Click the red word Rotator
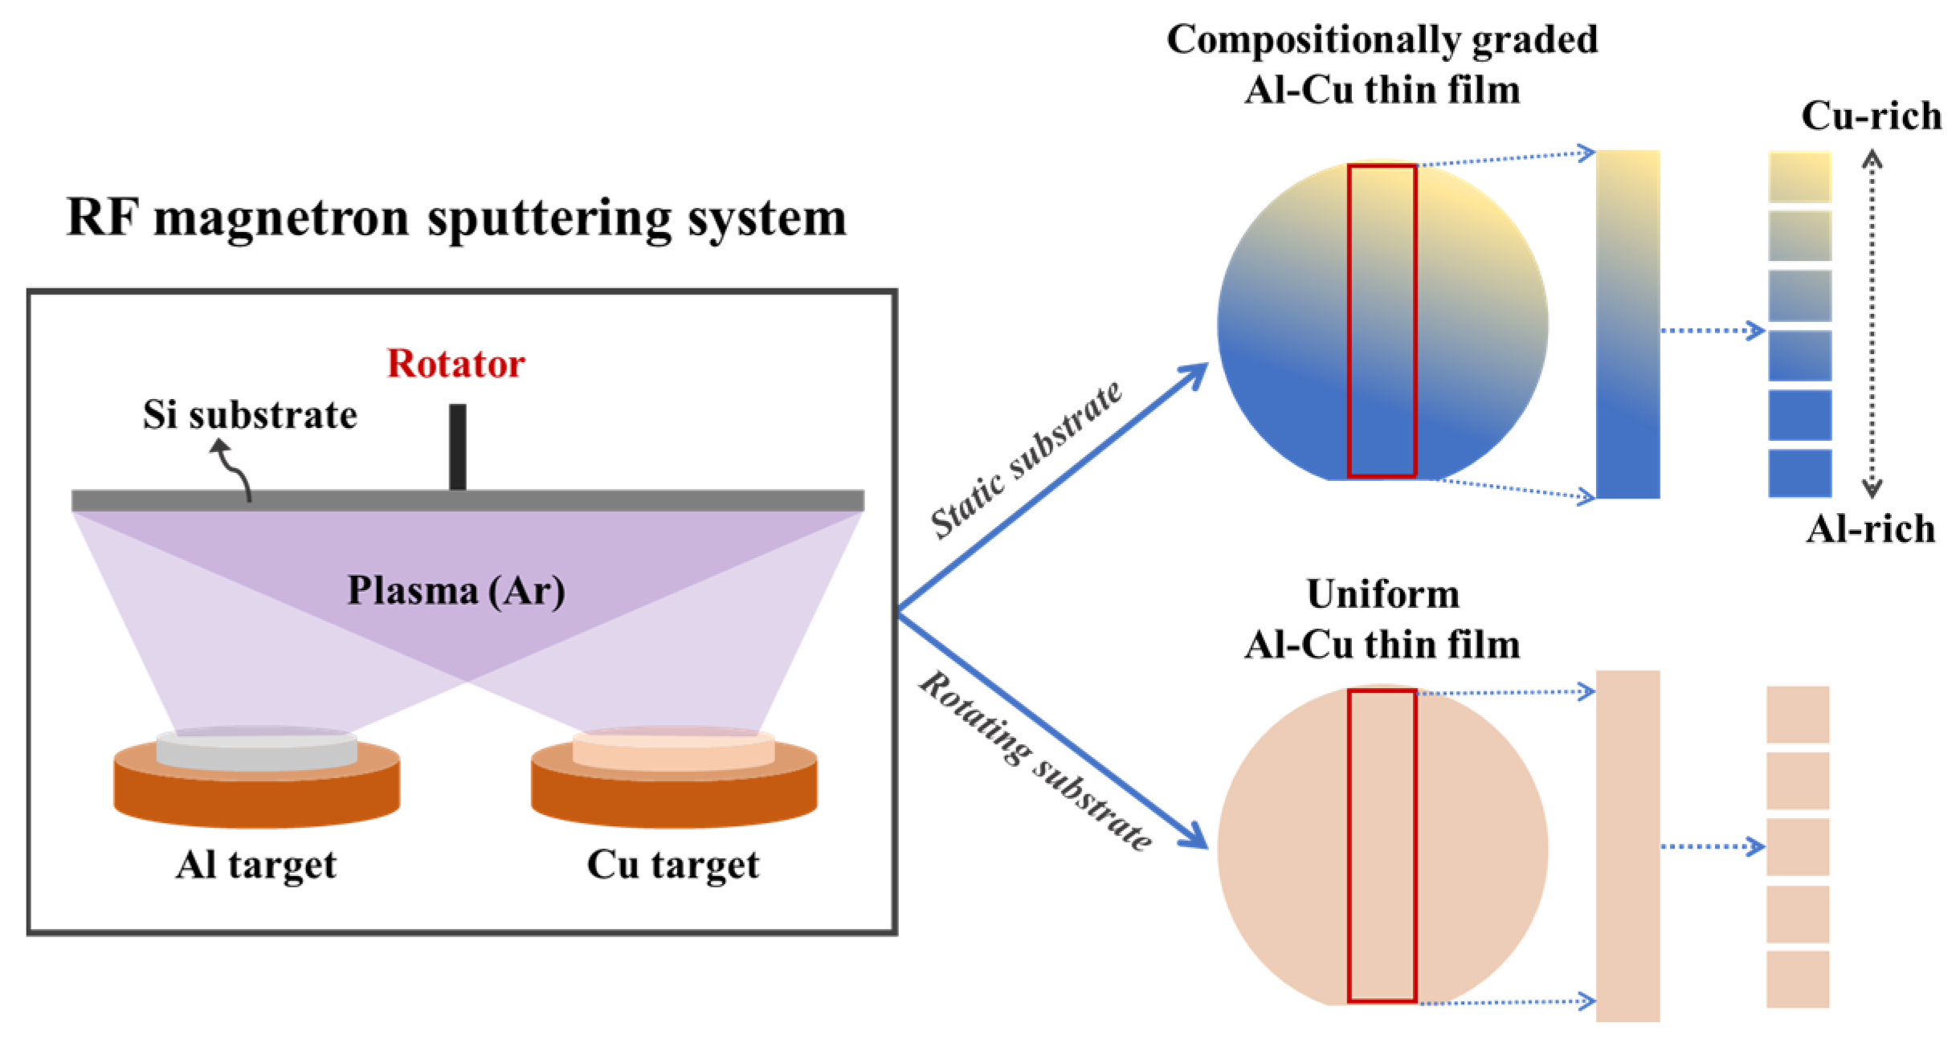coord(455,364)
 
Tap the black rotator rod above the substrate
coord(457,446)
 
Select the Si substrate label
coord(250,415)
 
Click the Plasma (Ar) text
coord(455,591)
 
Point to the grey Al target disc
coord(256,750)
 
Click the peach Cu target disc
coord(673,750)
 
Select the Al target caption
coord(256,866)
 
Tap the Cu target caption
coord(673,866)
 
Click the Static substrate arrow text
coord(1026,459)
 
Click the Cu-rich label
coord(1871,116)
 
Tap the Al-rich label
coord(1871,530)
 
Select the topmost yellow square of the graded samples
coord(1799,177)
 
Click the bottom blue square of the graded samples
coord(1799,473)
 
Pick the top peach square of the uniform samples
coord(1798,715)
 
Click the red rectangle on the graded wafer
coord(1382,321)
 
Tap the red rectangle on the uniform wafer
coord(1382,845)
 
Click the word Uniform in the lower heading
coord(1382,595)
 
